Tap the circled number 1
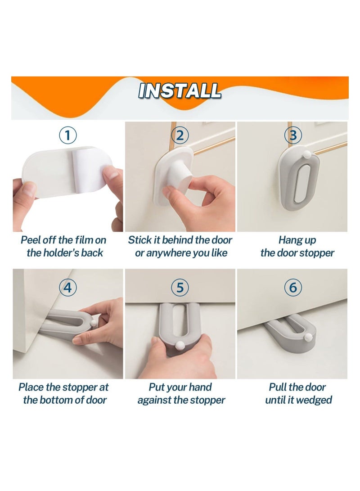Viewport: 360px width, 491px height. pos(68,135)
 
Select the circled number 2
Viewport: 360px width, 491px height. pos(180,135)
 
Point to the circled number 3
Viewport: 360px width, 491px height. pos(293,135)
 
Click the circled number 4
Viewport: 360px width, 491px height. pos(68,287)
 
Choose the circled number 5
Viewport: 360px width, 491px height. pos(180,287)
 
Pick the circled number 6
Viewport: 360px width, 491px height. pos(293,287)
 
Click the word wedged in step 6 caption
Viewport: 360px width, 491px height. pos(317,400)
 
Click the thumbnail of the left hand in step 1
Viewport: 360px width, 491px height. pos(28,189)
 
